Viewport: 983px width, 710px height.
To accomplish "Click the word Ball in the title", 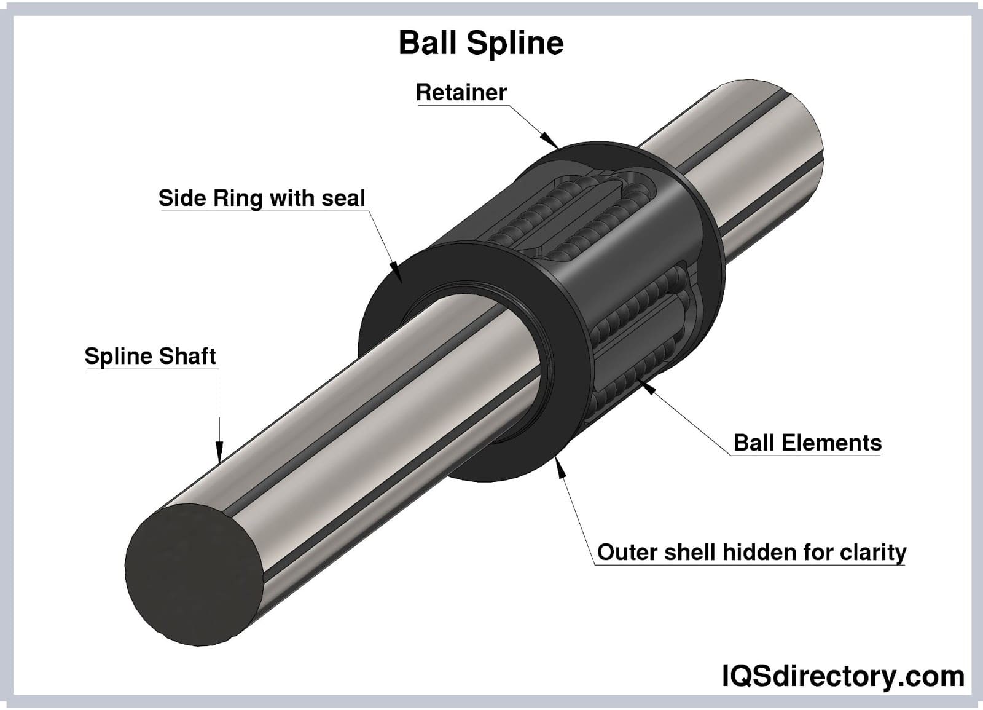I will (427, 43).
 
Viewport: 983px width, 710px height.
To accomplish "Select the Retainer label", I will (461, 92).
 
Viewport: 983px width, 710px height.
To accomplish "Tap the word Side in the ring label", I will (182, 198).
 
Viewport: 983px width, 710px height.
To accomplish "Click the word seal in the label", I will (343, 198).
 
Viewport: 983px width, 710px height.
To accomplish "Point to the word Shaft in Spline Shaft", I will (187, 356).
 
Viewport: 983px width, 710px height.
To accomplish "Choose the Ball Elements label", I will (807, 443).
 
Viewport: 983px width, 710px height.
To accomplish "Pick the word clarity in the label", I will (872, 553).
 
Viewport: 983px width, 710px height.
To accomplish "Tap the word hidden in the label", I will (759, 552).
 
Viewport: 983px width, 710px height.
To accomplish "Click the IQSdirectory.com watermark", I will (842, 677).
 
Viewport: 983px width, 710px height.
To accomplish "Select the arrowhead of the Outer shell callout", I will (559, 465).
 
